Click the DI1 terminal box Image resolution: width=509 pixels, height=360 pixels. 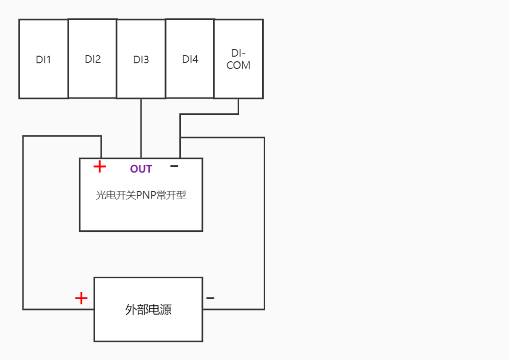click(x=43, y=77)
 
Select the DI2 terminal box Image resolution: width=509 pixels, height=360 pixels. click(x=92, y=77)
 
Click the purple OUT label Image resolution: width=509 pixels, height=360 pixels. click(x=141, y=169)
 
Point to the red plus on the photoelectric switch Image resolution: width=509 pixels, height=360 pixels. click(x=100, y=166)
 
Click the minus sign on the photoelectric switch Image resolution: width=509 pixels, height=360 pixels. click(x=174, y=166)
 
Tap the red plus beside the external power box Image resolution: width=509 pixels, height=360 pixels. click(x=81, y=298)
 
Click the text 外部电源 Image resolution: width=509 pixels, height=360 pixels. click(x=148, y=309)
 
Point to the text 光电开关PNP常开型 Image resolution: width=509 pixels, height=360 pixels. click(x=141, y=195)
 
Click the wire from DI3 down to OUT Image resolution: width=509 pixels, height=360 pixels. click(x=141, y=128)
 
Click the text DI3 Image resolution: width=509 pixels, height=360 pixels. click(x=141, y=60)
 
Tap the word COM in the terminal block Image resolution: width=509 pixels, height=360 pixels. click(x=239, y=65)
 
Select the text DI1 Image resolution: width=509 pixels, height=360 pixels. click(x=43, y=60)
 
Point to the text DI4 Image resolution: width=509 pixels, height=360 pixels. click(x=190, y=59)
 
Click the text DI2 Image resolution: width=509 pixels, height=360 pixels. click(x=92, y=59)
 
